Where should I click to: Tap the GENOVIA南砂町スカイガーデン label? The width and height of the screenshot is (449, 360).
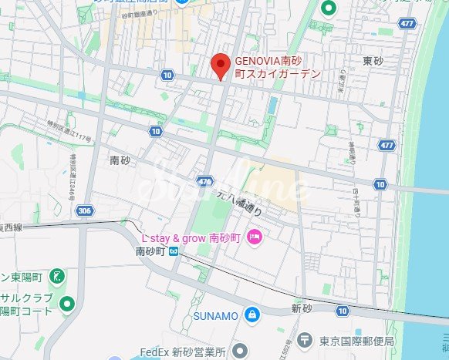[278, 67]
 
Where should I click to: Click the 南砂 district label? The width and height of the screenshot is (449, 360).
[120, 160]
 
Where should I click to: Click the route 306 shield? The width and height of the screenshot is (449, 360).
[85, 210]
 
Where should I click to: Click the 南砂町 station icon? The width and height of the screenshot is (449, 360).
[174, 251]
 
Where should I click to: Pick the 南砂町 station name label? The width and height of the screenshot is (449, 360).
[151, 251]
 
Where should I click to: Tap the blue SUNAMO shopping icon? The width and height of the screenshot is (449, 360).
[252, 315]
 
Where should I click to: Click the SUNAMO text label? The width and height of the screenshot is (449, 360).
[216, 315]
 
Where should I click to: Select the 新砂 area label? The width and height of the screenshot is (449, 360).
[300, 308]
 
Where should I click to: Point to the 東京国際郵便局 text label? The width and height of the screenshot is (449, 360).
[356, 341]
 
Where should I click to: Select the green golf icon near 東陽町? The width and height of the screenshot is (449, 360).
[56, 275]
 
